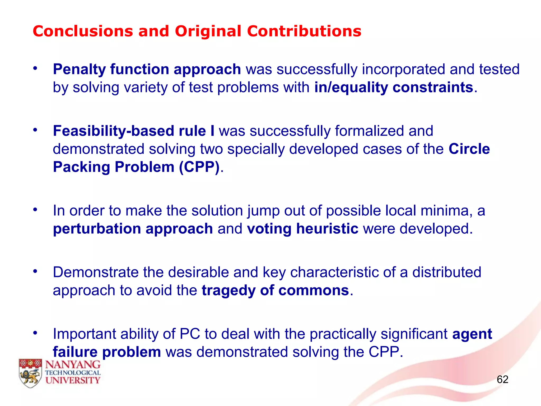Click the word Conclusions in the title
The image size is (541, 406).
point(83,31)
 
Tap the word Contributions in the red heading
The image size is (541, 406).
point(304,31)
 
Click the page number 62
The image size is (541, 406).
point(502,380)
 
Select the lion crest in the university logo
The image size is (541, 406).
point(30,373)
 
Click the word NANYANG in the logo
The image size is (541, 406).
point(73,365)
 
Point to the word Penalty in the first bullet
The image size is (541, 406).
point(79,70)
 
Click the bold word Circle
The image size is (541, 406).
point(469,149)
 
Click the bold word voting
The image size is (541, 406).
point(269,229)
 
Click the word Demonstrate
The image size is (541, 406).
point(95,272)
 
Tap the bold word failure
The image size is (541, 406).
point(75,352)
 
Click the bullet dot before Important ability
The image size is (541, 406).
point(35,333)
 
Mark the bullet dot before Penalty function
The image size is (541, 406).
point(35,68)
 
